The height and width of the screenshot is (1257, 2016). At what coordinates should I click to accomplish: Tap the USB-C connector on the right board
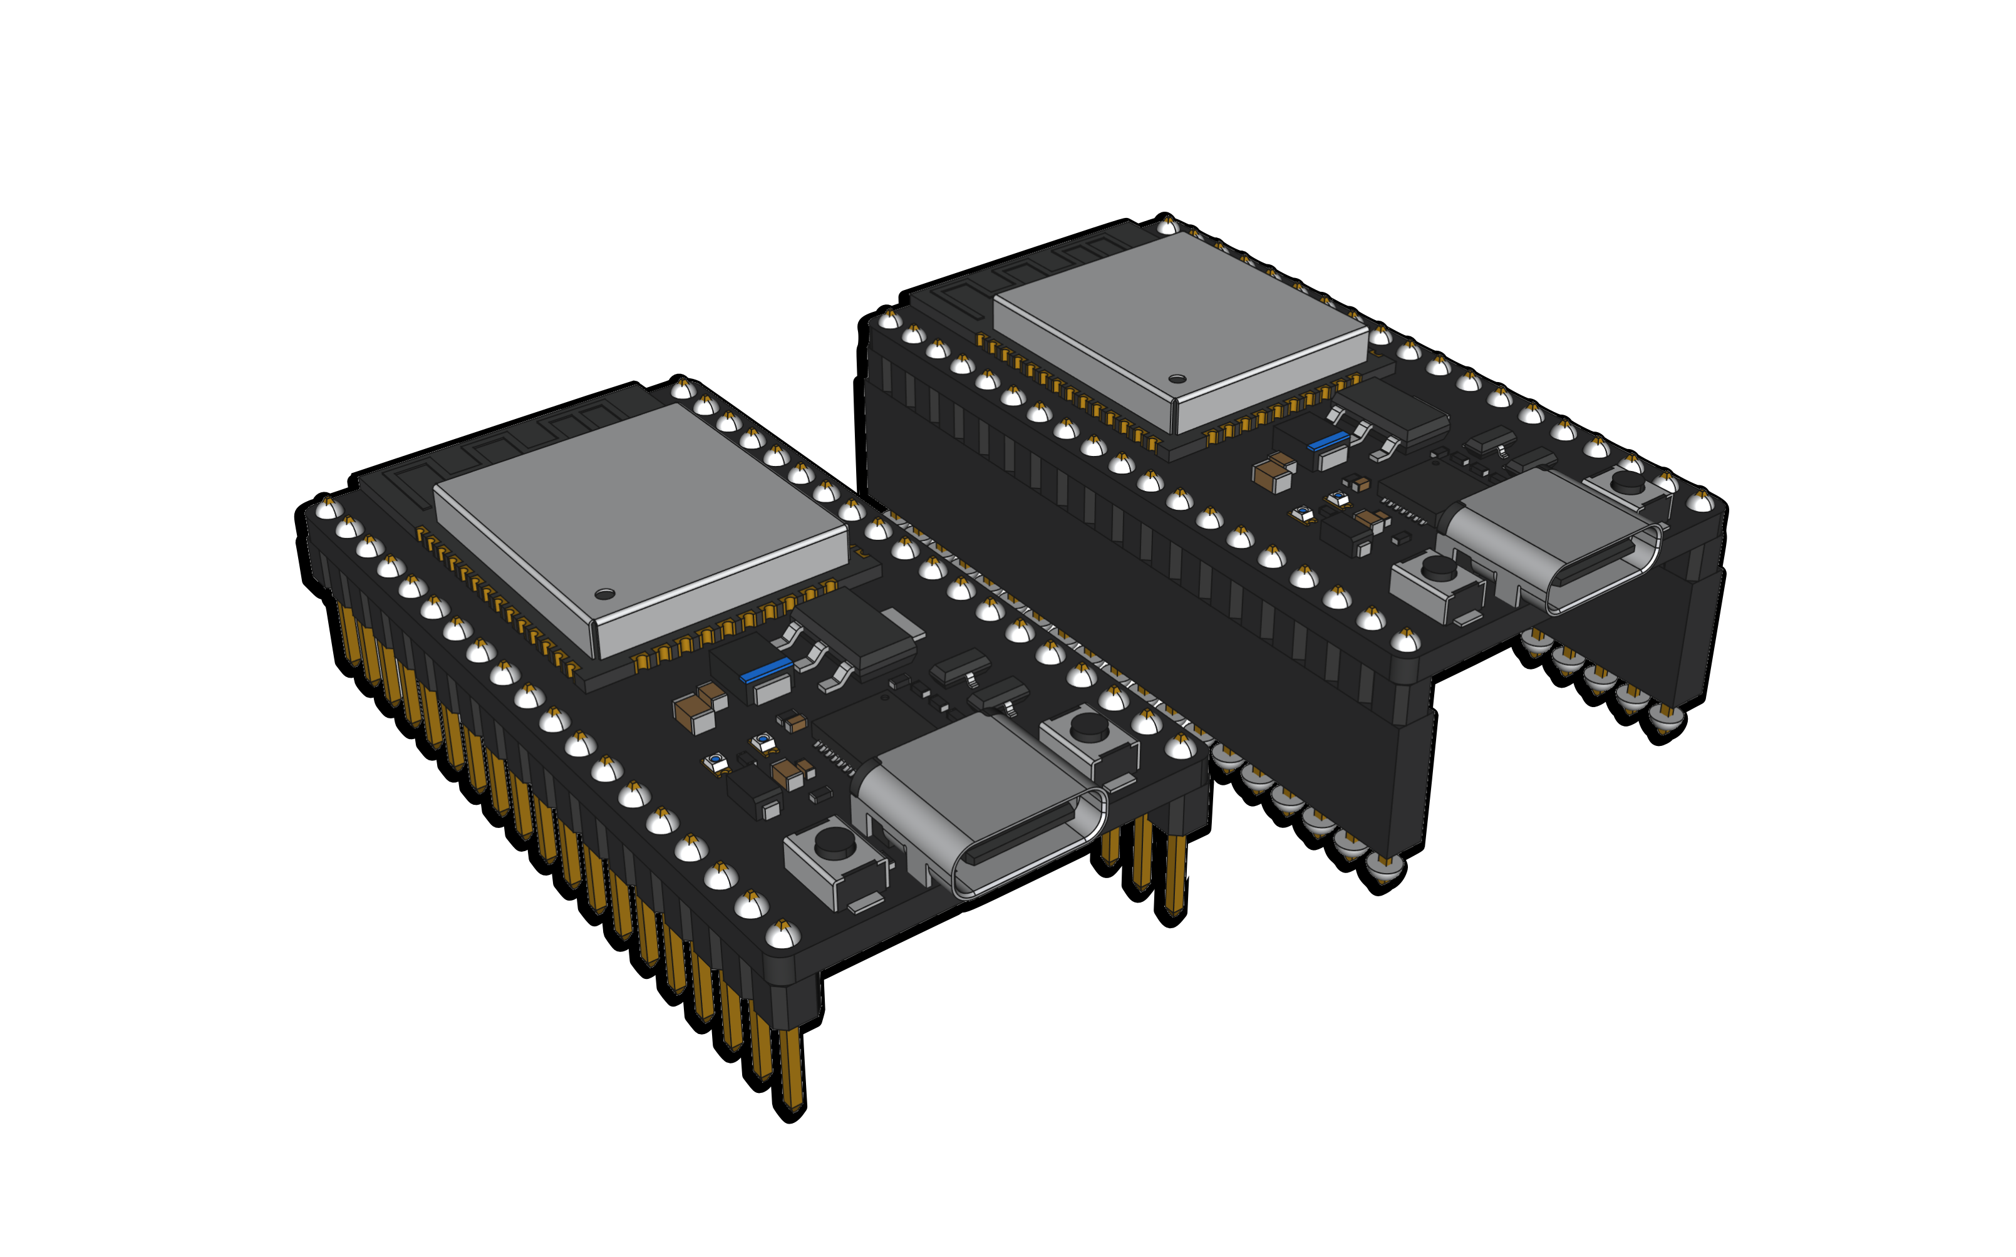(1551, 541)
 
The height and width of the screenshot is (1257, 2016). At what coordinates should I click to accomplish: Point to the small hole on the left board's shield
(604, 594)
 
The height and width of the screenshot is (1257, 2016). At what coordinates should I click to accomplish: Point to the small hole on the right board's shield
(1176, 379)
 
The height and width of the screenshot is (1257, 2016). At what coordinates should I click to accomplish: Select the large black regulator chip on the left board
(856, 632)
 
